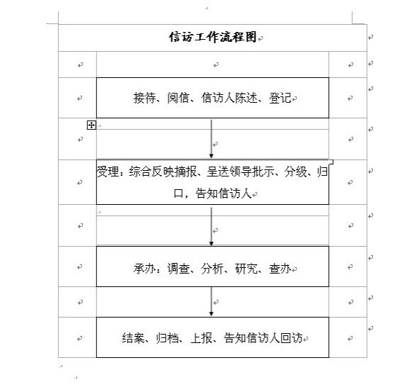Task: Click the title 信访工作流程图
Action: pyautogui.click(x=213, y=37)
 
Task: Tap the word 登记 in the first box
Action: pyautogui.click(x=280, y=98)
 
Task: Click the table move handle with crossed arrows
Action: pyautogui.click(x=91, y=125)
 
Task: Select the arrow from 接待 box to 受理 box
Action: pyautogui.click(x=212, y=139)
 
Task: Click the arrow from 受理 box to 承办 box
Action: pyautogui.click(x=212, y=226)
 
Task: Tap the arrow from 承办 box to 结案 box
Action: pyautogui.click(x=212, y=302)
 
